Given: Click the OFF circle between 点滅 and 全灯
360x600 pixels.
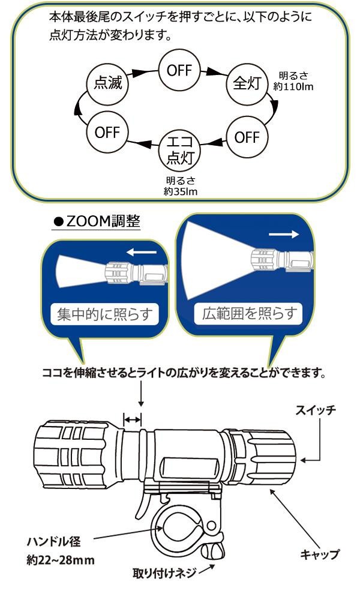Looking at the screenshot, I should (x=179, y=70).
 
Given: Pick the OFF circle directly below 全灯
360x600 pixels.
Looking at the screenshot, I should (x=247, y=137).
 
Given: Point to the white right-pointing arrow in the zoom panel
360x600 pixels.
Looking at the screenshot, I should (x=281, y=235).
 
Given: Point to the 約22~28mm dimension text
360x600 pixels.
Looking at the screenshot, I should (x=62, y=563).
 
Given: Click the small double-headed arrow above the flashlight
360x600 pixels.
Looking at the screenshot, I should (x=133, y=419).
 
